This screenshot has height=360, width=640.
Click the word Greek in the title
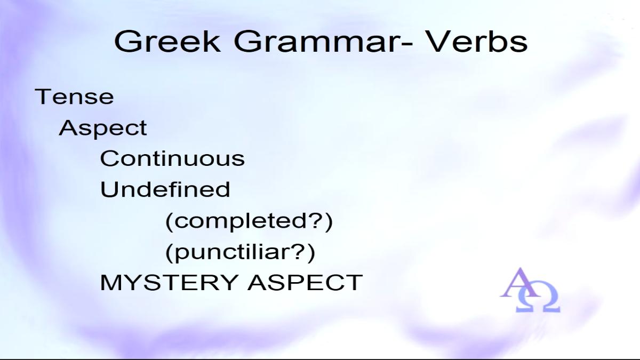point(167,42)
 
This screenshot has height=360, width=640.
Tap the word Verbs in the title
point(477,42)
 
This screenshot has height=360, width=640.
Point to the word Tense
point(74,97)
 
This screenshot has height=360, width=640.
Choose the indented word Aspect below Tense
point(103,129)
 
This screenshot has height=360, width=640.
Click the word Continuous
point(173,158)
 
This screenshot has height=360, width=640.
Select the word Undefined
point(165,189)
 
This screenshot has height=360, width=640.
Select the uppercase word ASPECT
point(305,282)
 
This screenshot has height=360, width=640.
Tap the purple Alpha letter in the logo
point(519,283)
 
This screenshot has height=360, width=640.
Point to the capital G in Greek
point(126,42)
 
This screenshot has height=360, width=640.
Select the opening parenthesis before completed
point(170,222)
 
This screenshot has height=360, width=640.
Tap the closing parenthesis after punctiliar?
point(311,253)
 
